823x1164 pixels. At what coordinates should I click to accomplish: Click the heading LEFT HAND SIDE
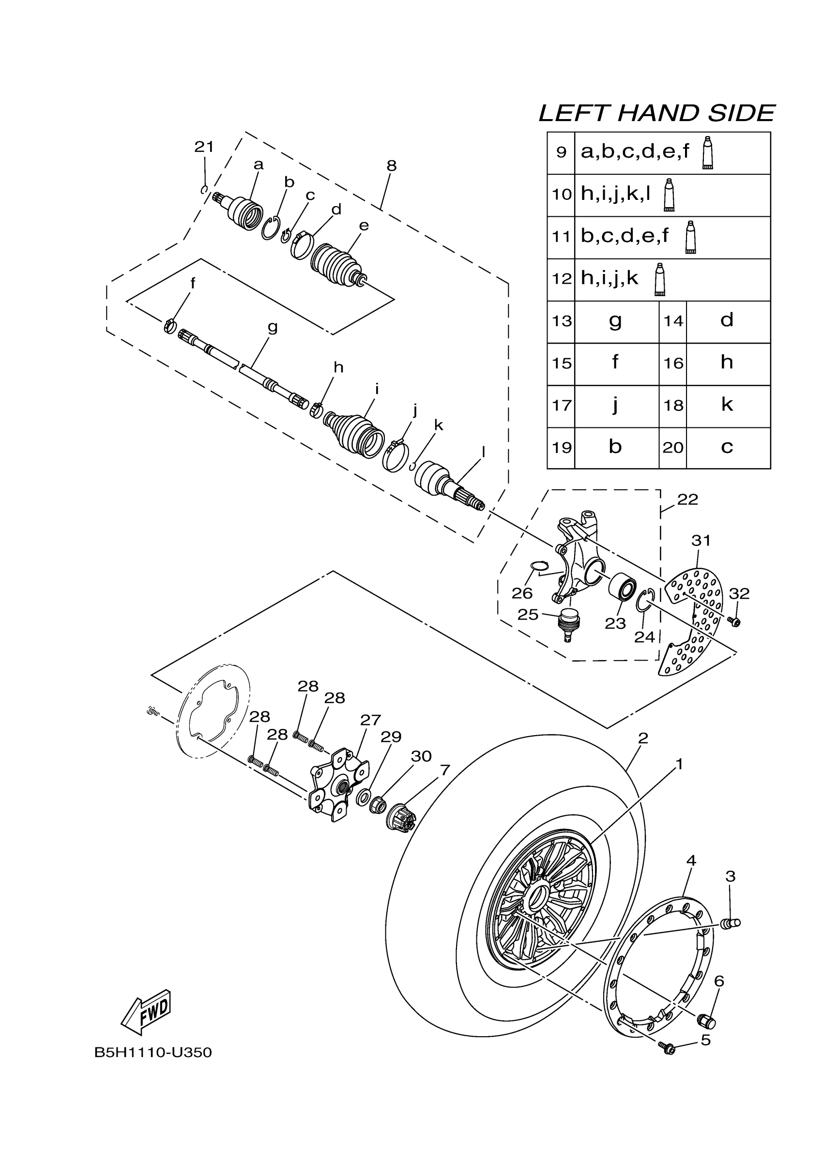tap(656, 113)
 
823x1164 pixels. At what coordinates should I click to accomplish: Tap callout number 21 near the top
tap(204, 147)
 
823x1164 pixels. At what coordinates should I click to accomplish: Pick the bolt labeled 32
tap(734, 621)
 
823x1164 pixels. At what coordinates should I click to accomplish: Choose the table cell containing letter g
tap(616, 321)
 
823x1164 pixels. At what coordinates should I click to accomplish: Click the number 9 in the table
tap(561, 152)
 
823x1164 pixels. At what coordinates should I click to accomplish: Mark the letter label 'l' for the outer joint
tap(483, 451)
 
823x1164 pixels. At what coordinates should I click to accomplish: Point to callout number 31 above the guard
tap(701, 541)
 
